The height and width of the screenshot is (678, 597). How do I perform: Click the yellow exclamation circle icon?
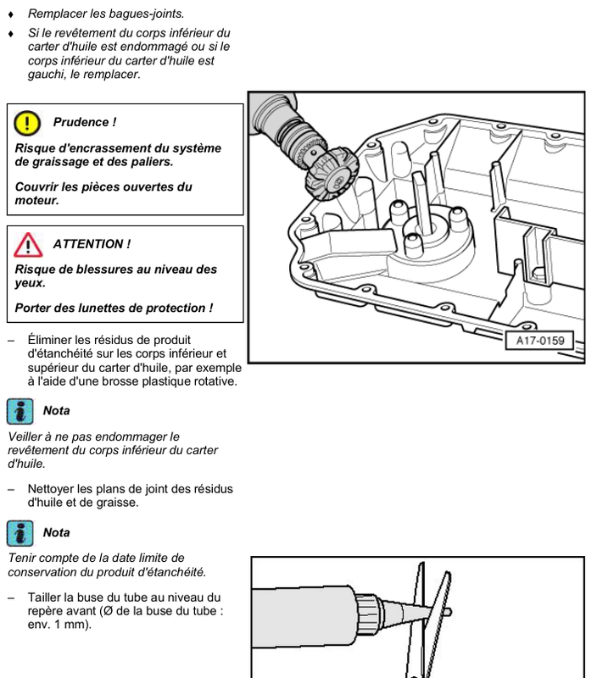[x=27, y=123]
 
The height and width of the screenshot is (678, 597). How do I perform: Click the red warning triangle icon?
[x=28, y=245]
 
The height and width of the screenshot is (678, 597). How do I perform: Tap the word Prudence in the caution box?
[x=81, y=122]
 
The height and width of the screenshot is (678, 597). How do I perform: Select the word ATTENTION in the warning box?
[x=88, y=244]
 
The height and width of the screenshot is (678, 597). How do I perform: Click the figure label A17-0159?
[x=540, y=341]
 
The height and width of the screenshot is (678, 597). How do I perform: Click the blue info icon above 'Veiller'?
[x=20, y=411]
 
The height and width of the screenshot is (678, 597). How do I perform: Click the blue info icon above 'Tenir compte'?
[x=20, y=533]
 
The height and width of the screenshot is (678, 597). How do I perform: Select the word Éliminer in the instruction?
[x=49, y=340]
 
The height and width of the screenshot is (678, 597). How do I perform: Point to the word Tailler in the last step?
[x=44, y=597]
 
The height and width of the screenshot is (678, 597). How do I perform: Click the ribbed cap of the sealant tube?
[x=367, y=610]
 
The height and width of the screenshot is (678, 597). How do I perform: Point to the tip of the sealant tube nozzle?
[x=450, y=611]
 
